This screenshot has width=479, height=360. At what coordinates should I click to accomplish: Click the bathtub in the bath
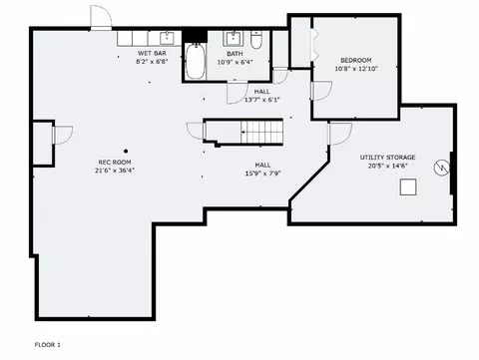[x=195, y=61]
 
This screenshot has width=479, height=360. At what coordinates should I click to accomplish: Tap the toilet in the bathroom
[x=256, y=40]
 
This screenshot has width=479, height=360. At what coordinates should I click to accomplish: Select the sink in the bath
[x=234, y=39]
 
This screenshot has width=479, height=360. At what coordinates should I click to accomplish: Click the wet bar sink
[x=167, y=38]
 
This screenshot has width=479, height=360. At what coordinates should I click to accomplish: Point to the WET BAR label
[x=152, y=53]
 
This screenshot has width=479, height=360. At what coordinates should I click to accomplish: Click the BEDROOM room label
[x=356, y=60]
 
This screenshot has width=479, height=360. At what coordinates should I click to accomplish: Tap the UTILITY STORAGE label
[x=387, y=158]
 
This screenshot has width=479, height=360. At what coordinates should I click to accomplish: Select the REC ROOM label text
[x=115, y=163]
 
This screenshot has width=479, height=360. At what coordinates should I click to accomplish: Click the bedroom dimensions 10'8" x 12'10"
[x=356, y=69]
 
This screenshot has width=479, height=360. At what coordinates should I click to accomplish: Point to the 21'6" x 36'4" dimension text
[x=115, y=171]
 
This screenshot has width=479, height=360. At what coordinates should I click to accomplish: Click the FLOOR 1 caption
[x=48, y=345]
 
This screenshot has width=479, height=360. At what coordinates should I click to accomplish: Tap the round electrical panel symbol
[x=442, y=168]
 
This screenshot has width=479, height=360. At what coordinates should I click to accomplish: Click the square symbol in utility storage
[x=408, y=186]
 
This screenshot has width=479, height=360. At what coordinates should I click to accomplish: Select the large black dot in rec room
[x=126, y=152]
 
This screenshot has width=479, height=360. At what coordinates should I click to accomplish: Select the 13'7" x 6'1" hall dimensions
[x=262, y=100]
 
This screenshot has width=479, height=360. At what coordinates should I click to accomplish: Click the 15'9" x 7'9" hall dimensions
[x=263, y=174]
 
